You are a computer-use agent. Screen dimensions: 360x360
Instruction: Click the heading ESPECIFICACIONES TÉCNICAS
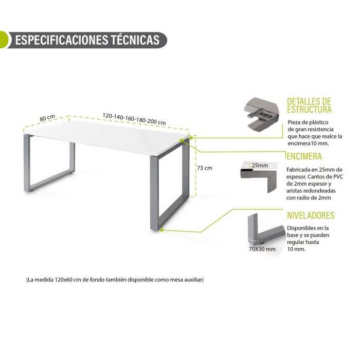pos(87,40)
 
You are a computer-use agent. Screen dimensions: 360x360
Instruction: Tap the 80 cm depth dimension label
pos(47,118)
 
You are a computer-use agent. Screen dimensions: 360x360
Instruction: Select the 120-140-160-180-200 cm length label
pos(134,119)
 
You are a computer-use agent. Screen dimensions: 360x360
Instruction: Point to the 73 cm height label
pos(205,168)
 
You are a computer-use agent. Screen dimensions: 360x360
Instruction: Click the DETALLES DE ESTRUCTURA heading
pos(309,105)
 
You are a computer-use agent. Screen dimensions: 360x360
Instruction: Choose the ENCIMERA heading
pos(304,156)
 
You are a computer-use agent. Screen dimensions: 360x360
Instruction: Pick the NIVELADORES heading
pos(311,215)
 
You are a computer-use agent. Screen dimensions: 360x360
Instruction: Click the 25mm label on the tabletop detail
pos(260,165)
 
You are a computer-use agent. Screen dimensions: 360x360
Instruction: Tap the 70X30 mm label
pos(262,249)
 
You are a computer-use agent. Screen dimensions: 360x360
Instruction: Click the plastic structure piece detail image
pos(261,115)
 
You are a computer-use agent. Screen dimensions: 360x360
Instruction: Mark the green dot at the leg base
pos(161,229)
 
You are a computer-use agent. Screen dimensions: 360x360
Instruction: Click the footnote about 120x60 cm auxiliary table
pos(115,280)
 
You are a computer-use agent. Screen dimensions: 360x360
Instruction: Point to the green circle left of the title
pos(5,40)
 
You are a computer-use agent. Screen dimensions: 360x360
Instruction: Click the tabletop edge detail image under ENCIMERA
pos(259,176)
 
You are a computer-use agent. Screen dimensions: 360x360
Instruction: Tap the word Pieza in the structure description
pos(294,122)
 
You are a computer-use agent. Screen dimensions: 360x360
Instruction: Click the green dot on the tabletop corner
pos(182,140)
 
